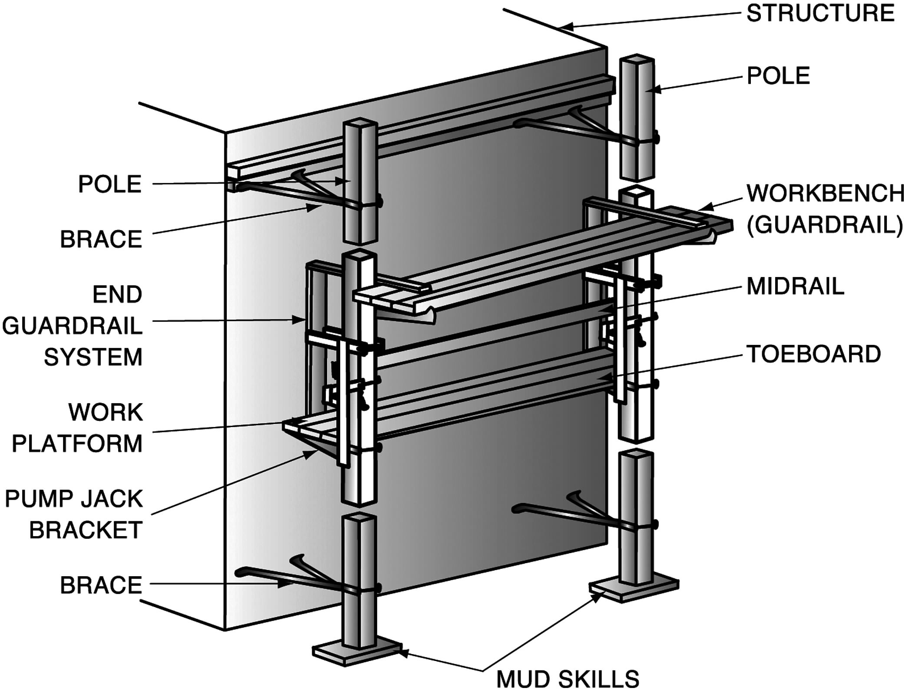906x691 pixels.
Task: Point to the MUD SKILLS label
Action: (567, 678)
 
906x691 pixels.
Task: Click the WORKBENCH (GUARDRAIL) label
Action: (825, 210)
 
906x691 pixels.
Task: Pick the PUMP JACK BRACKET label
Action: (74, 514)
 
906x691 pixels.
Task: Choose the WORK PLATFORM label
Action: (77, 428)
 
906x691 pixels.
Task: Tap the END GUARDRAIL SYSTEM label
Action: (73, 326)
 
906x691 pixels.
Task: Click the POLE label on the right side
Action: (778, 76)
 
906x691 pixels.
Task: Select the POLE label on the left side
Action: (110, 184)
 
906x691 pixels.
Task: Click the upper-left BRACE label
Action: (101, 239)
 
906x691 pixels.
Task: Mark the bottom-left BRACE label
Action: (101, 585)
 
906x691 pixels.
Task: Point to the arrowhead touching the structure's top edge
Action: (565, 27)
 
